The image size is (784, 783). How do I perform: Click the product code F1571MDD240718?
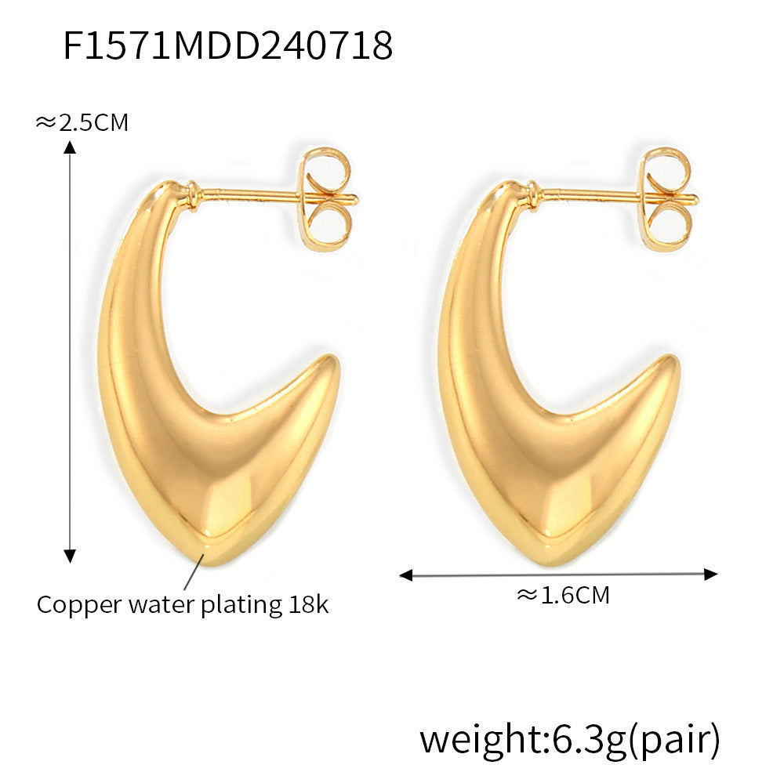[x=227, y=45]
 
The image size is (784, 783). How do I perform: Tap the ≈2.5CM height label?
[x=82, y=122]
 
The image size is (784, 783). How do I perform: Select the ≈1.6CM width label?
[x=563, y=595]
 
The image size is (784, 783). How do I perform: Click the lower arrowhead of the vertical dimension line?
[x=70, y=556]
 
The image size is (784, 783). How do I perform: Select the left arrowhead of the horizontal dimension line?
[x=405, y=575]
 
